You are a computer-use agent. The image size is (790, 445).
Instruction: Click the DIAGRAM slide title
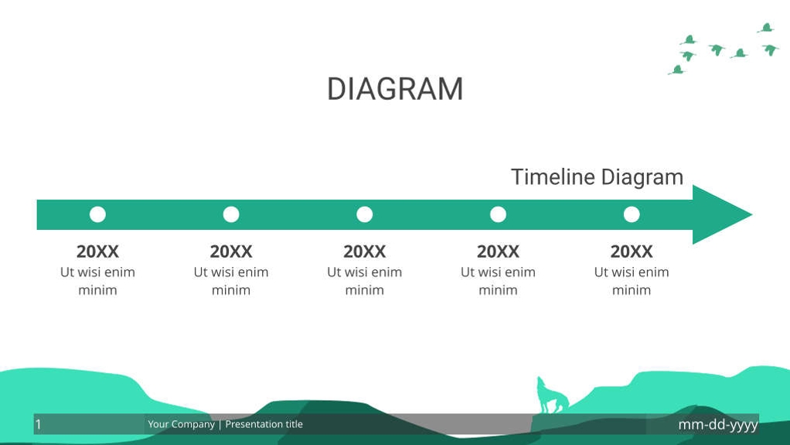click(395, 89)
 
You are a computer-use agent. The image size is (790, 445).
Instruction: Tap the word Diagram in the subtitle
click(642, 177)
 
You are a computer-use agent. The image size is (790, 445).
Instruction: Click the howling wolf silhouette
click(552, 396)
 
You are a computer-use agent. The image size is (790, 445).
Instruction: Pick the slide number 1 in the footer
click(39, 424)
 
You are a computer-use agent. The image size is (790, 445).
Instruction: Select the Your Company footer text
click(181, 424)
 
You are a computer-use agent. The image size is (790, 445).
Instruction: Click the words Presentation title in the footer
click(264, 424)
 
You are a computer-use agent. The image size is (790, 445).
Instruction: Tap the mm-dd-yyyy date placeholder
click(717, 424)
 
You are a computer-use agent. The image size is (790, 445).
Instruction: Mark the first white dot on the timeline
click(97, 214)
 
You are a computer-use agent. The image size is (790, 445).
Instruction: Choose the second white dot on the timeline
click(231, 214)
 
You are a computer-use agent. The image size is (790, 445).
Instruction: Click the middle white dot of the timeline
click(365, 214)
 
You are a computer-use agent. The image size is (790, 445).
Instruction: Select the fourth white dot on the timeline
click(498, 214)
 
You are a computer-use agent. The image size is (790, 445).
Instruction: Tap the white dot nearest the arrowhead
click(632, 214)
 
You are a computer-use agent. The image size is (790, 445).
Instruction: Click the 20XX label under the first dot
click(97, 252)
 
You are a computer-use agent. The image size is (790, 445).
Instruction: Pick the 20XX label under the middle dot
click(365, 252)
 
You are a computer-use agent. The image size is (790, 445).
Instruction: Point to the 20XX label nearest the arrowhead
click(632, 252)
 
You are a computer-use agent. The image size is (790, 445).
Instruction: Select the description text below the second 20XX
click(231, 281)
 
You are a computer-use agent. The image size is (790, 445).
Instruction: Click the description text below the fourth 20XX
click(498, 281)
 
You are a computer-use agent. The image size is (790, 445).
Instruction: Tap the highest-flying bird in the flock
click(766, 29)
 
